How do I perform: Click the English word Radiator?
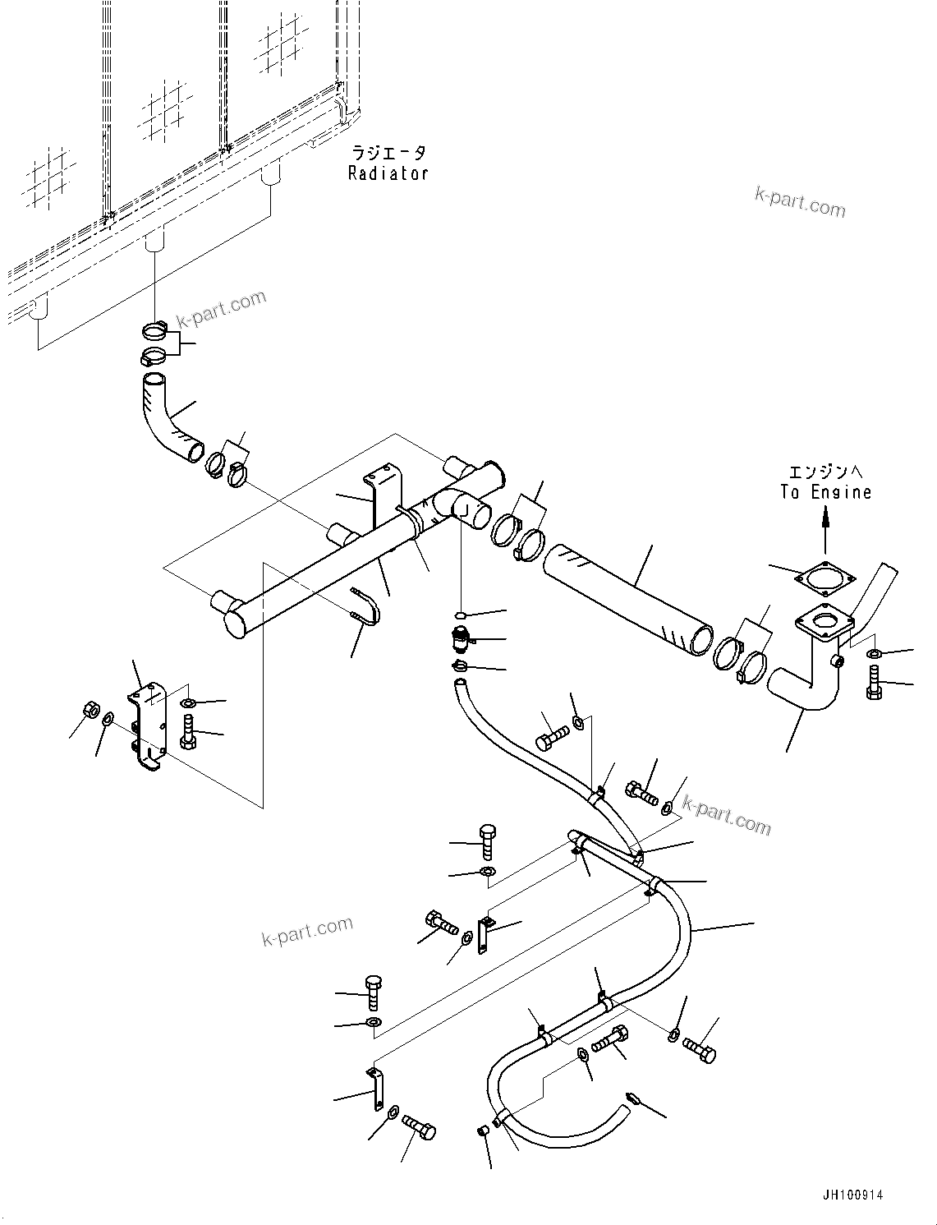(x=388, y=173)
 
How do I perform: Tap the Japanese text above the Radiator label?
(x=388, y=154)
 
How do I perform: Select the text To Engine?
(x=825, y=492)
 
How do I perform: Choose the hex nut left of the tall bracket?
(x=92, y=710)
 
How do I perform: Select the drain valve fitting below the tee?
(x=461, y=637)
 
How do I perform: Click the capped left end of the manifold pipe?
(x=230, y=615)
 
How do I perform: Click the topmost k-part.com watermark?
(x=799, y=201)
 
